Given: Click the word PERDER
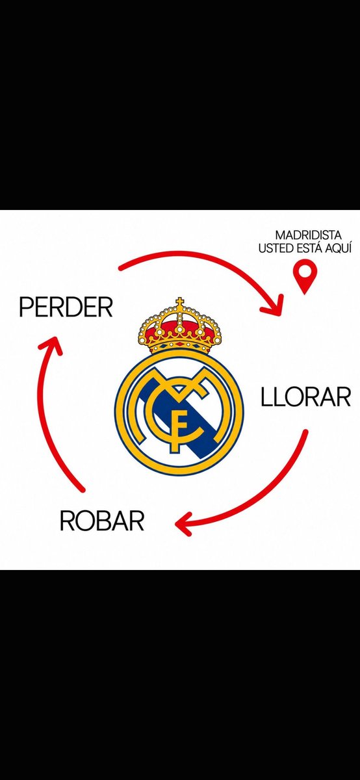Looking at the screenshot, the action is point(66,307).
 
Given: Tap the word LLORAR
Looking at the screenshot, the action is point(305,397).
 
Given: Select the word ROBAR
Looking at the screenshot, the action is point(102,521).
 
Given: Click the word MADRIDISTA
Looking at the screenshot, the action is point(308,235).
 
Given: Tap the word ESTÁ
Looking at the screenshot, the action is point(308,248).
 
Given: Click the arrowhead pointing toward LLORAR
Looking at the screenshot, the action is point(274,305).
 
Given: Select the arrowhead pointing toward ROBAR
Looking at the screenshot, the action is point(185,523).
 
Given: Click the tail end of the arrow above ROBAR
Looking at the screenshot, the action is point(83,490).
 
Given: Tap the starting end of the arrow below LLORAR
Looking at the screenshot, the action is point(305,432).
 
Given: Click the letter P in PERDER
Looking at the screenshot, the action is point(26,307).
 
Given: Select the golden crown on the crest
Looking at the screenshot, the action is point(179,326).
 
